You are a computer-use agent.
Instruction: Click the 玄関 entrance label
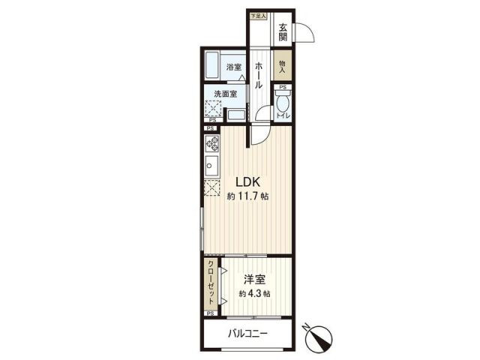283,33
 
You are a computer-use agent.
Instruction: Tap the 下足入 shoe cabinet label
259,15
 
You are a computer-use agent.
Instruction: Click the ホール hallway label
259,75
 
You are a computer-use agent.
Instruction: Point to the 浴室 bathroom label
234,67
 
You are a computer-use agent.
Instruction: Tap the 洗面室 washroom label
225,94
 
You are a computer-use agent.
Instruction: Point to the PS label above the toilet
283,87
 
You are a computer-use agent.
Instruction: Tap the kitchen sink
211,166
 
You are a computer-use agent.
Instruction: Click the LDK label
248,181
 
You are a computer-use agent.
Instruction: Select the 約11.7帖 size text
248,196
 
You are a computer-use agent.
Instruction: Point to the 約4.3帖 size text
252,293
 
